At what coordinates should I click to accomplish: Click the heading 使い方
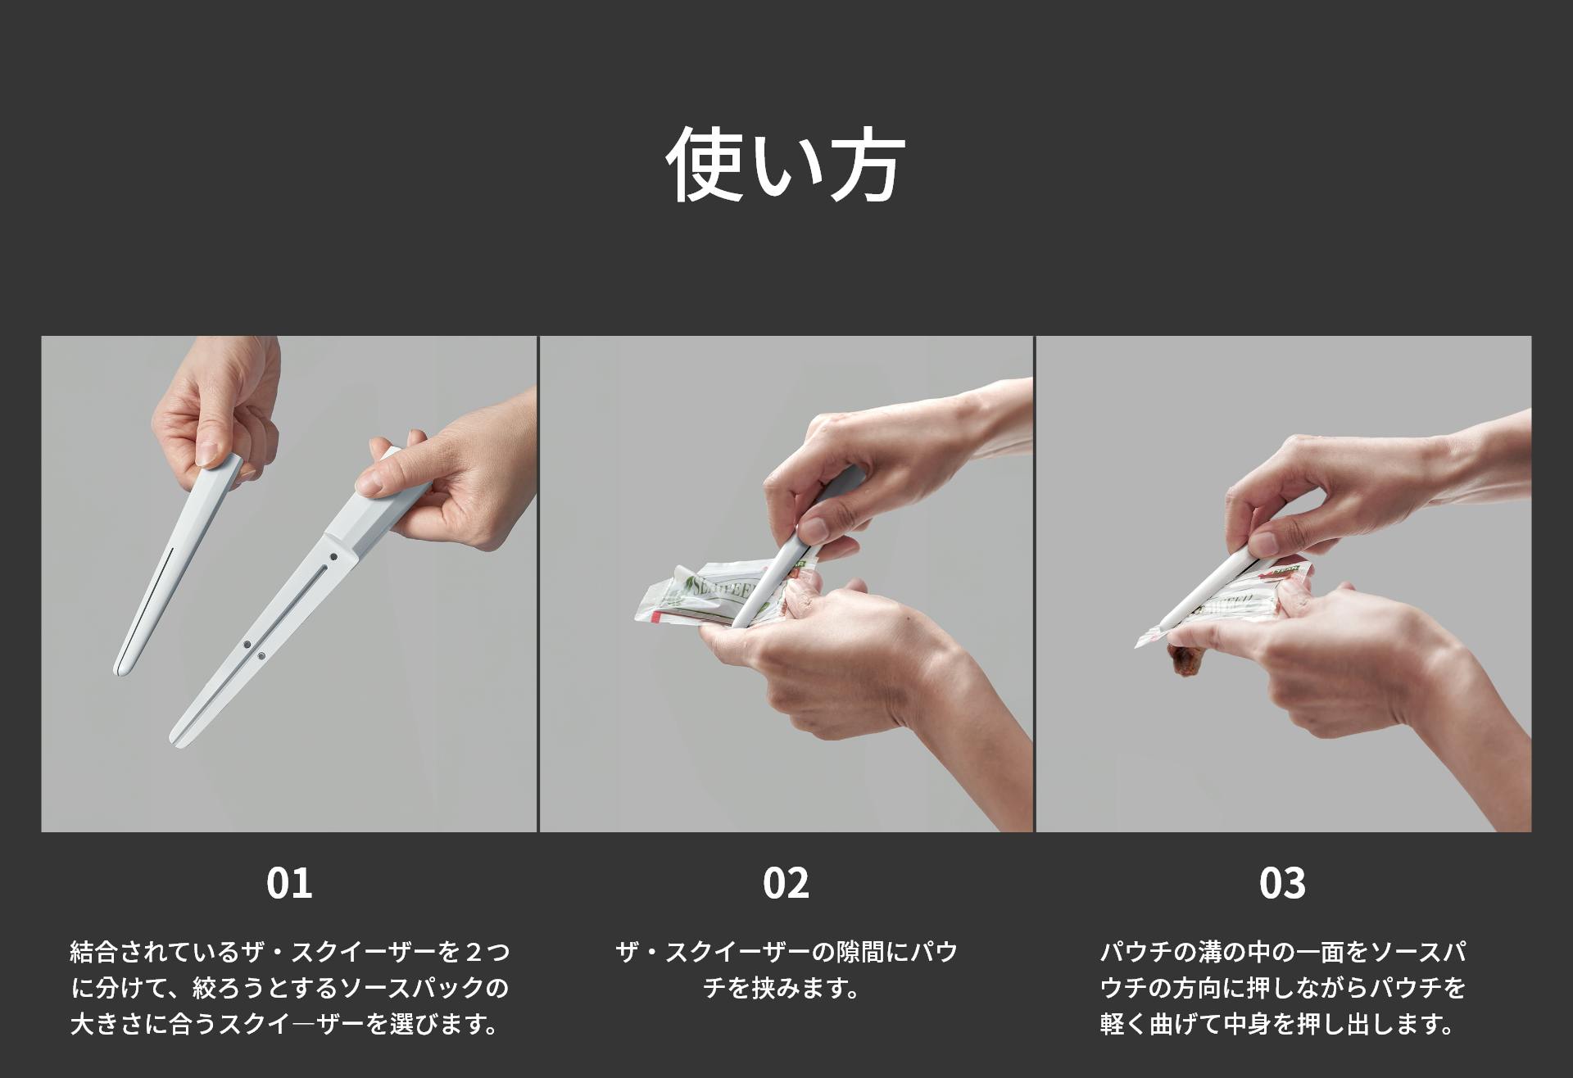click(x=785, y=164)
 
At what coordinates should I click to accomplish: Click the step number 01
click(x=289, y=883)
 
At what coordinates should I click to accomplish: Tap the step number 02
click(x=786, y=883)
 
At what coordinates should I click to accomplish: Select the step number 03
click(x=1282, y=883)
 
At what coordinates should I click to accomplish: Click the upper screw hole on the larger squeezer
click(x=333, y=557)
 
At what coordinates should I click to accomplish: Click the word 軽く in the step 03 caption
click(x=1125, y=1024)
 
